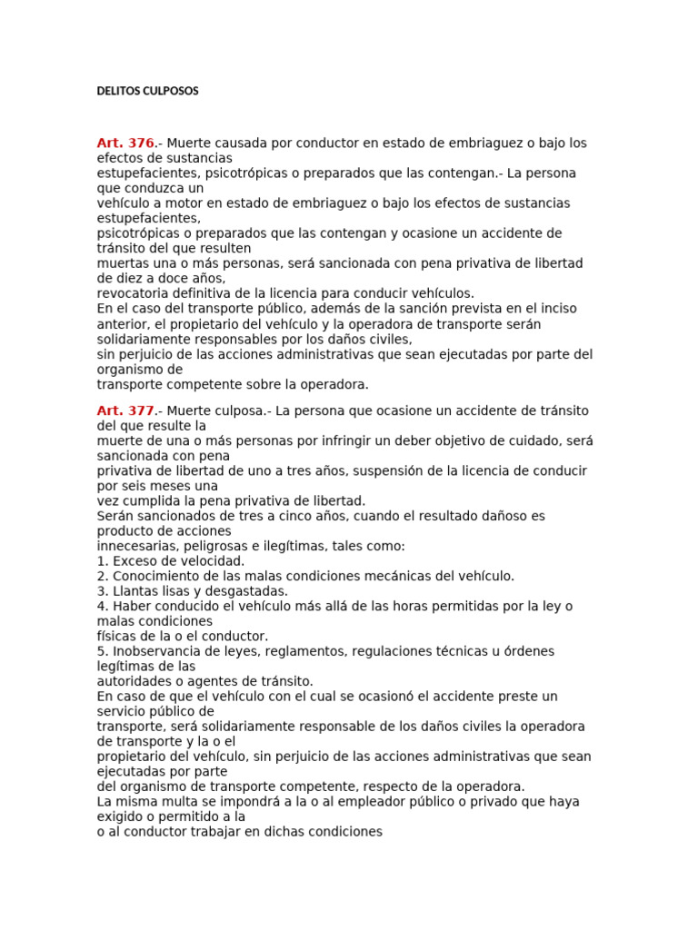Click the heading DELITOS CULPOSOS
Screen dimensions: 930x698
(x=147, y=91)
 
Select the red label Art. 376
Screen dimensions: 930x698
(x=125, y=143)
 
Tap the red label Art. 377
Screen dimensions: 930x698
(x=125, y=411)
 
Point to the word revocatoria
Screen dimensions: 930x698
(x=135, y=293)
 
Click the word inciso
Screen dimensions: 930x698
(x=556, y=309)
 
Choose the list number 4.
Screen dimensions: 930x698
(x=101, y=606)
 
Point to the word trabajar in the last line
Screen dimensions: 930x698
(x=214, y=831)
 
